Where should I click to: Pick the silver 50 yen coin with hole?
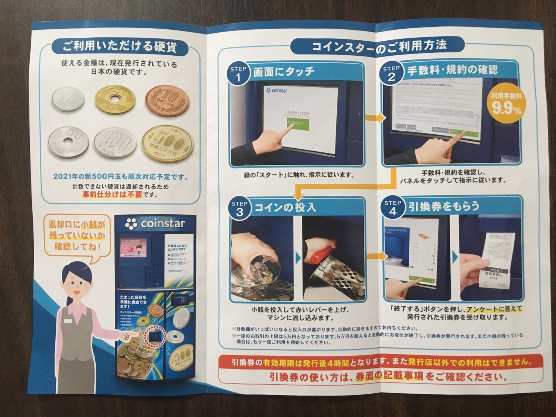pos(68,142)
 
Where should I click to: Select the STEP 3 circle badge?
pos(239,208)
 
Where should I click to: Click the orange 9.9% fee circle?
pos(507,105)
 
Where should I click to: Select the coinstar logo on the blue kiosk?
pos(155,224)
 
